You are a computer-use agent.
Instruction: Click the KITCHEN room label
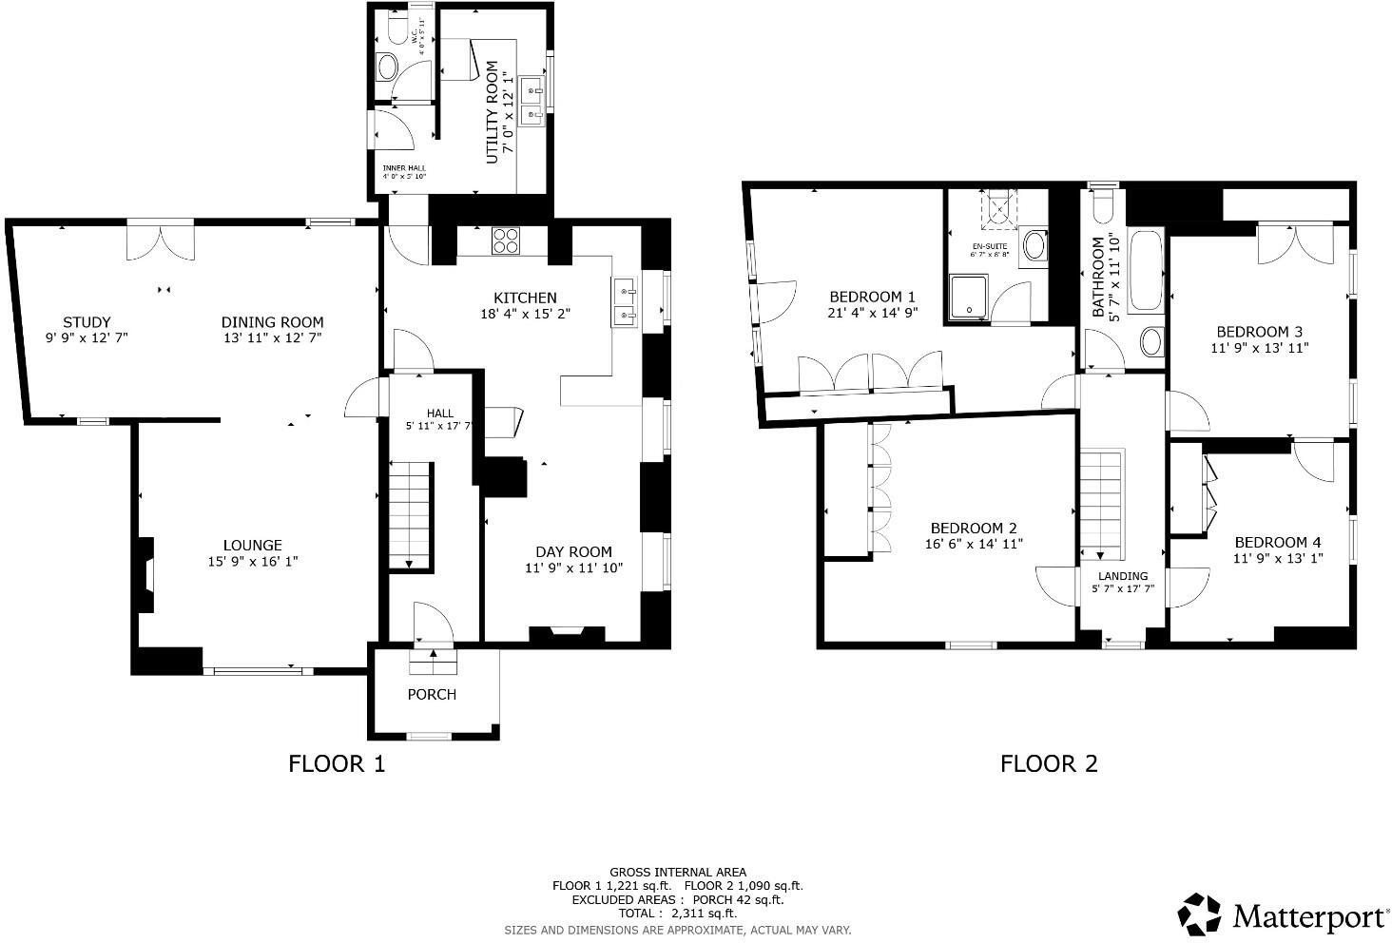[525, 298]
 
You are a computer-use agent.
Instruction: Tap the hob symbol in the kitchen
[505, 241]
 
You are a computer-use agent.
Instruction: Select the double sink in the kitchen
[625, 302]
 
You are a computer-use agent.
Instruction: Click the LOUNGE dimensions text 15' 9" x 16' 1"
[253, 562]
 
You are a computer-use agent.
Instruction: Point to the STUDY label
[87, 322]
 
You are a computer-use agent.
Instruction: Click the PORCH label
[432, 695]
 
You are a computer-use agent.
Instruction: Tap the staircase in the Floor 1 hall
[411, 514]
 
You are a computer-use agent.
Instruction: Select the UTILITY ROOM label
[493, 112]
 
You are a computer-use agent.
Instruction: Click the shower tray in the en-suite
[969, 297]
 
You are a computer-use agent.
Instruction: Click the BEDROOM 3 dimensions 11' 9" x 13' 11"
[1260, 348]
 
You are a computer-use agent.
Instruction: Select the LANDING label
[1123, 576]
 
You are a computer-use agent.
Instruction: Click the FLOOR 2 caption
[1049, 763]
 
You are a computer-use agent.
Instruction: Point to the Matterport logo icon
[1200, 914]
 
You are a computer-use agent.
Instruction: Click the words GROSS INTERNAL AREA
[678, 872]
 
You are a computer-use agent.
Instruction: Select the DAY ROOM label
[573, 552]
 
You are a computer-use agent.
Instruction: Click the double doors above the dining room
[161, 241]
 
